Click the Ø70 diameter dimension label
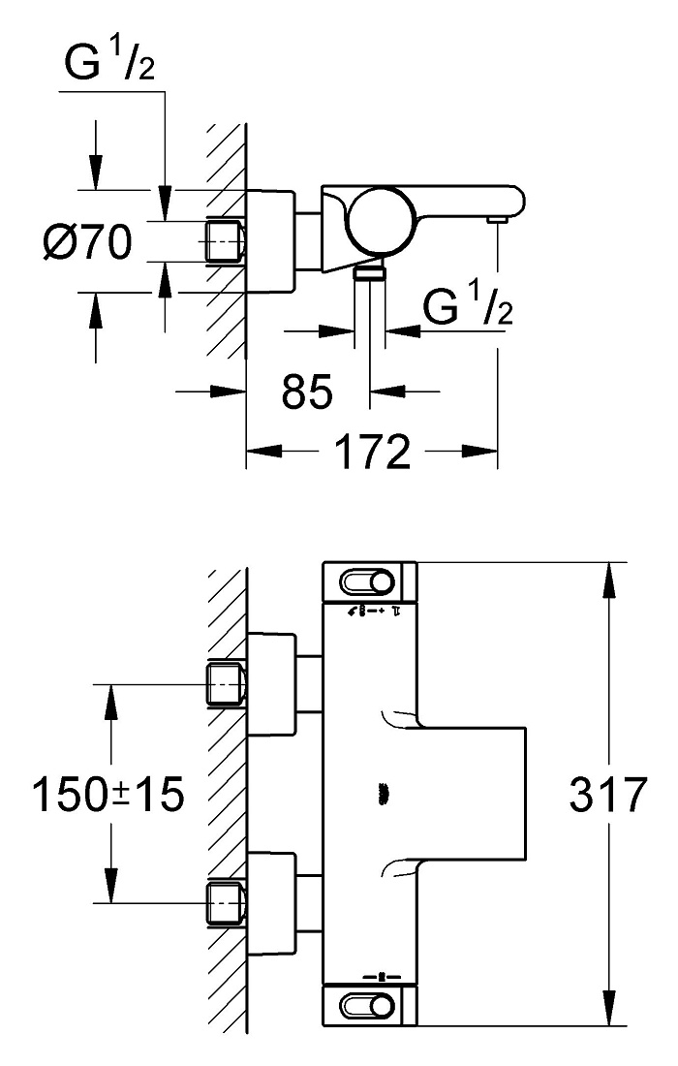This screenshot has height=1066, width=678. click(x=87, y=241)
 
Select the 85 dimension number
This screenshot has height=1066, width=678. click(x=307, y=391)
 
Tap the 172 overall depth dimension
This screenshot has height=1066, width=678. click(x=373, y=452)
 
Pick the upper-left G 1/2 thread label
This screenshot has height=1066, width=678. click(x=109, y=62)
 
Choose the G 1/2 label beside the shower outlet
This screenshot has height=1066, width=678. click(x=468, y=305)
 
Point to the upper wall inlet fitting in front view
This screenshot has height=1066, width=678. click(x=227, y=684)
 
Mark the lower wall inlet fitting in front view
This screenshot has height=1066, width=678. click(x=227, y=903)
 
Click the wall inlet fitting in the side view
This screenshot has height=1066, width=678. click(x=227, y=241)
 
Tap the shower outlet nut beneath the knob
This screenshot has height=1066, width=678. click(x=370, y=273)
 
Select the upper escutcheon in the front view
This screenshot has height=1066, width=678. click(x=272, y=684)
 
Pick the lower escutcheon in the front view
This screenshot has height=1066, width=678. click(x=272, y=903)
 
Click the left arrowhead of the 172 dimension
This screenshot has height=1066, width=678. click(x=263, y=451)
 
